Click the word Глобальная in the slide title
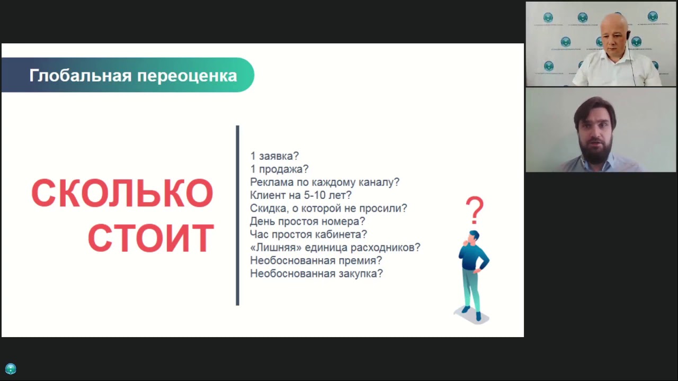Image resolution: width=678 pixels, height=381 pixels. coord(81,76)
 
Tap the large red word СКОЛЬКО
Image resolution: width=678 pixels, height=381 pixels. coord(122,194)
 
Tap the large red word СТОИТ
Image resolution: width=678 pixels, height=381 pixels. coord(151,239)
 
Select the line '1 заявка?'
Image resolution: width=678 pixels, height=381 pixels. coord(274,156)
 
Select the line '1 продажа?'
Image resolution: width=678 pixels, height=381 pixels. coord(279,169)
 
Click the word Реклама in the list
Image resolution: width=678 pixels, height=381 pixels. coord(271,183)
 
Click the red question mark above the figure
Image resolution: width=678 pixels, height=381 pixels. coord(475,210)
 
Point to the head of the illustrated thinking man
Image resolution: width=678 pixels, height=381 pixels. coord(474,235)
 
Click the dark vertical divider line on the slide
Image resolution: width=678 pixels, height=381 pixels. coord(237,215)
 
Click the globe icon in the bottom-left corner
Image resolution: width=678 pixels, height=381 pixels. coord(11,369)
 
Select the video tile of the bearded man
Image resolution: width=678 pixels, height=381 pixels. coord(601,130)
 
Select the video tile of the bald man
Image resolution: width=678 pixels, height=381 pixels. coord(601,44)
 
